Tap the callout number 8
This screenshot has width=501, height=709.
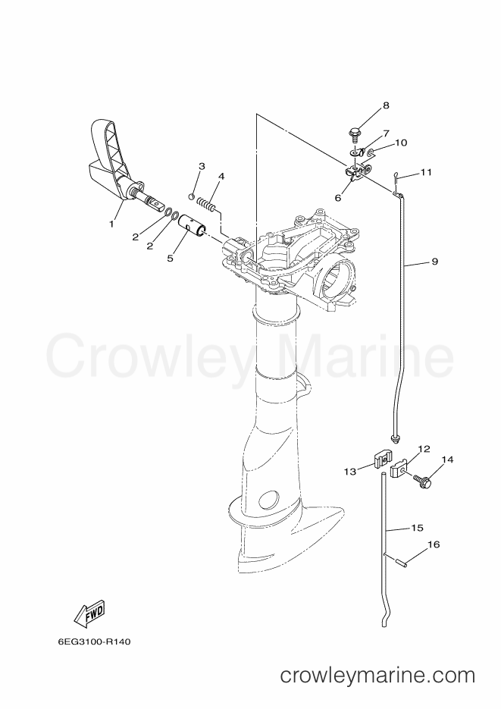click(386, 106)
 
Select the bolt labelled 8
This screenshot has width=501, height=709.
click(354, 135)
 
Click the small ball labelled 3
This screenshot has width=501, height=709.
click(191, 196)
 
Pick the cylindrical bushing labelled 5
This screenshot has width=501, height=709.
click(193, 228)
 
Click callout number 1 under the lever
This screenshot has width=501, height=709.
click(111, 224)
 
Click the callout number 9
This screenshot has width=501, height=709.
click(434, 262)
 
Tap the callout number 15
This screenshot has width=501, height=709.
click(417, 528)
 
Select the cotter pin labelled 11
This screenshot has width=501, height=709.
click(396, 177)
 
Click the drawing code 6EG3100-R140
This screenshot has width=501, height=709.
click(95, 642)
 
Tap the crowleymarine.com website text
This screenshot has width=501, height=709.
click(377, 676)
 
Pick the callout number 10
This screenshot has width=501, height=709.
click(401, 143)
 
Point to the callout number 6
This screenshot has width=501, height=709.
click(338, 198)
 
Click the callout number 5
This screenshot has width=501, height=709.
click(170, 258)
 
